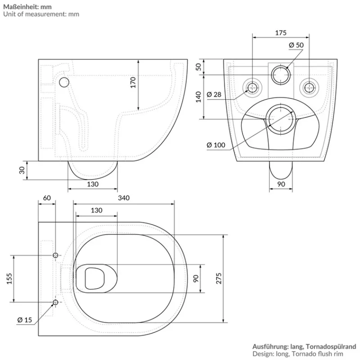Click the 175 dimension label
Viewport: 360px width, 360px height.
pos(280,33)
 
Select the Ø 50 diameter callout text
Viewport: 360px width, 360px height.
pos(296,45)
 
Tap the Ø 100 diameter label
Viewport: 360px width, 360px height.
pos(216,144)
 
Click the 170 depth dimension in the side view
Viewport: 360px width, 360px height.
pos(133,82)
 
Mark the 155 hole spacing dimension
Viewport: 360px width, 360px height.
pos(9,279)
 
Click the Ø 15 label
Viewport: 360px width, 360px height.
pos(25,320)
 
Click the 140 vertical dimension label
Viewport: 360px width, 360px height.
pos(198,97)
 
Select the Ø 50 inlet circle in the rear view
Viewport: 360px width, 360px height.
pos(281,75)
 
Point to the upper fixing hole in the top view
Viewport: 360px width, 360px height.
pos(55,256)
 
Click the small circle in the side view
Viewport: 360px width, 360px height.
pos(64,82)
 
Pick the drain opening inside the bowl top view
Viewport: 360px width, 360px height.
pos(94,278)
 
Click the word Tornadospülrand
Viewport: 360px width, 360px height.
pos(334,347)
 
